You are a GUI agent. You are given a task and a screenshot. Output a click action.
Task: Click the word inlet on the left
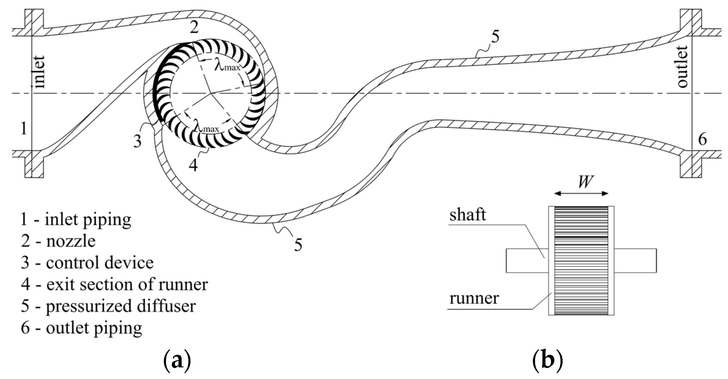pyautogui.click(x=40, y=72)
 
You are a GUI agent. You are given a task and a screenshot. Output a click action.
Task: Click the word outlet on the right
pyautogui.click(x=682, y=66)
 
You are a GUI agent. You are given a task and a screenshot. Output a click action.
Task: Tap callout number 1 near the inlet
pyautogui.click(x=24, y=128)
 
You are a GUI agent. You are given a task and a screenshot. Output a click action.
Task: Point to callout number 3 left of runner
pyautogui.click(x=137, y=141)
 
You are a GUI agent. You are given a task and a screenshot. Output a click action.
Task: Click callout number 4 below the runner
pyautogui.click(x=193, y=165)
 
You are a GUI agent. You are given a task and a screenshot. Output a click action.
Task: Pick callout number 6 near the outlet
pyautogui.click(x=702, y=140)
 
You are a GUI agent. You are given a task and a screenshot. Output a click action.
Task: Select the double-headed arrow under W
pyautogui.click(x=581, y=193)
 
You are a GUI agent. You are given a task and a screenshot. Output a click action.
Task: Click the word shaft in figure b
pyautogui.click(x=467, y=215)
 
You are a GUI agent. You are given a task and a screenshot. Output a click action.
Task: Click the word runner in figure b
pyautogui.click(x=474, y=298)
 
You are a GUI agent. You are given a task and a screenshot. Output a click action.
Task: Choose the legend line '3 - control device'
pyautogui.click(x=87, y=263)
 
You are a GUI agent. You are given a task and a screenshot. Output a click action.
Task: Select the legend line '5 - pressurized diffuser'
pyautogui.click(x=108, y=306)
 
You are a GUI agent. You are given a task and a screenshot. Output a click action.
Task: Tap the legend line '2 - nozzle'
pyautogui.click(x=58, y=241)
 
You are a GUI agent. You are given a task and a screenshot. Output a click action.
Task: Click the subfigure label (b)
pyautogui.click(x=548, y=361)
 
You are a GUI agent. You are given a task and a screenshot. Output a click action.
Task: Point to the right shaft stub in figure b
pyautogui.click(x=635, y=260)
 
